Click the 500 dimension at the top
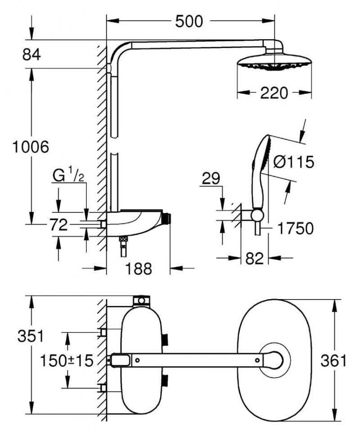(x=189, y=21)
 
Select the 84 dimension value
(x=31, y=55)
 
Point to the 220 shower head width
(x=274, y=93)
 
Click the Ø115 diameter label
(x=293, y=162)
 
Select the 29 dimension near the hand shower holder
(x=210, y=179)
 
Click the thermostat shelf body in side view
(x=135, y=221)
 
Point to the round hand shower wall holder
(x=257, y=215)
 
